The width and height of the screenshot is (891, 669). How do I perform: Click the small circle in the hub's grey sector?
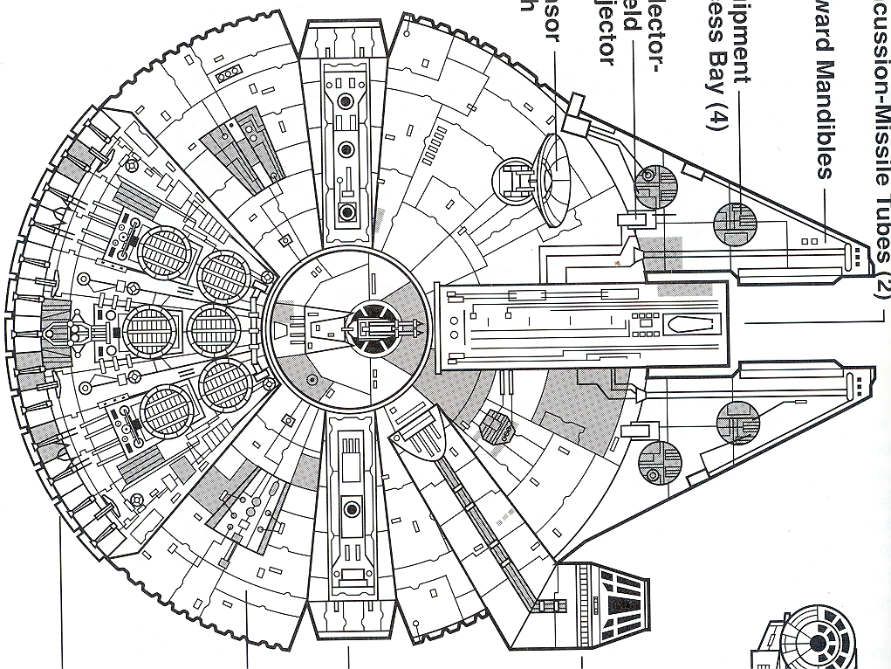tap(311, 377)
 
